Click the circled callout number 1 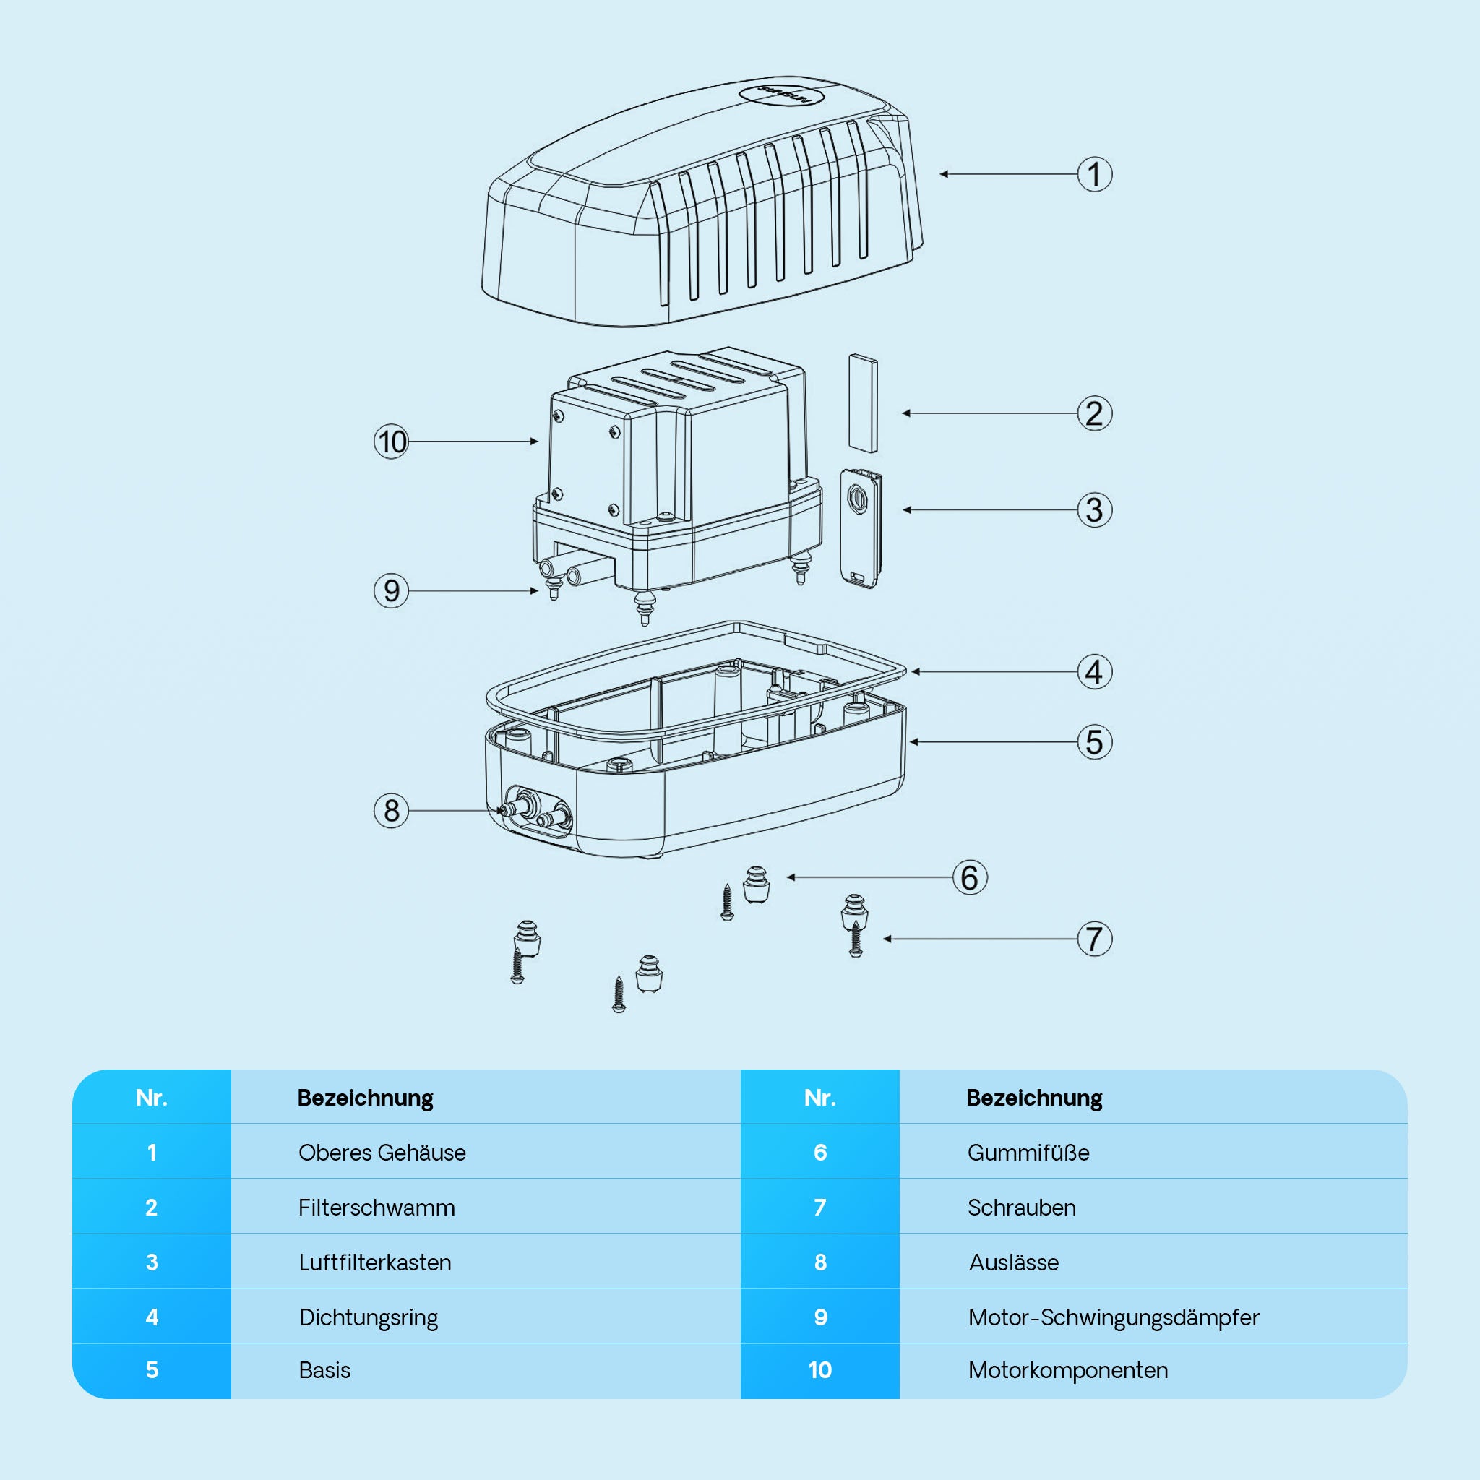click(x=1094, y=174)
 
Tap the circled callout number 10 click(x=391, y=442)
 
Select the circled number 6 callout click(x=969, y=877)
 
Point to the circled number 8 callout click(x=391, y=811)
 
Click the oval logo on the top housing click(x=780, y=96)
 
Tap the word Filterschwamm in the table click(x=376, y=1208)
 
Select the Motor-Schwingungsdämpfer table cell click(x=1112, y=1317)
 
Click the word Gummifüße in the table click(x=1028, y=1153)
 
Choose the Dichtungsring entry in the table click(x=369, y=1317)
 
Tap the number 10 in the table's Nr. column click(x=819, y=1370)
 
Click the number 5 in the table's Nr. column click(x=152, y=1370)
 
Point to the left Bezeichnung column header click(x=365, y=1098)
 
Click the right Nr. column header click(x=819, y=1098)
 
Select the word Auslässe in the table click(x=1012, y=1262)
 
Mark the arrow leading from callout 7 click(x=981, y=939)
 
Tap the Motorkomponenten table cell click(x=1067, y=1370)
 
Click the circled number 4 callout click(x=1094, y=672)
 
